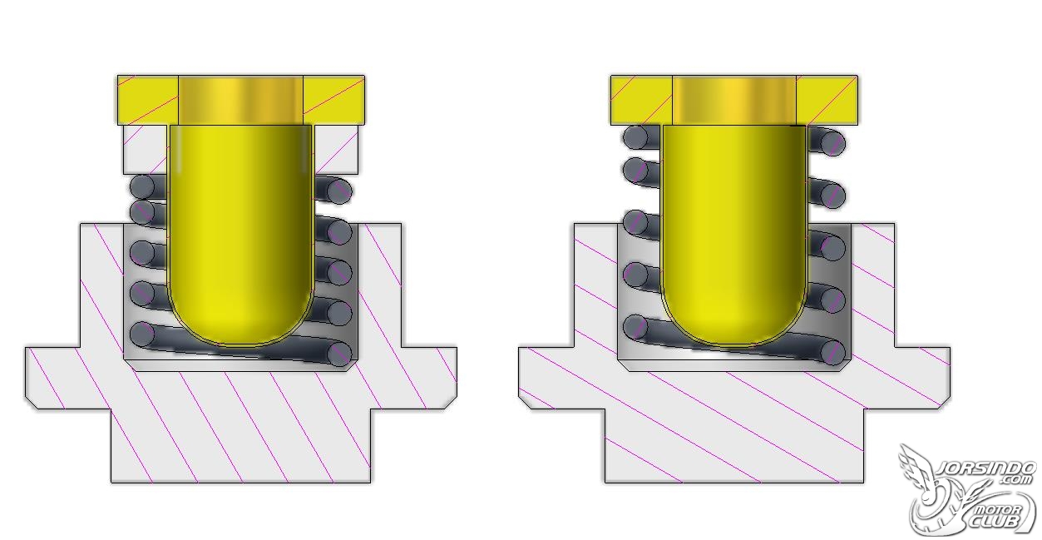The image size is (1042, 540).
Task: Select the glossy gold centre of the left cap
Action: pos(240,100)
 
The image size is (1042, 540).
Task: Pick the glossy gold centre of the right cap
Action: pos(734,100)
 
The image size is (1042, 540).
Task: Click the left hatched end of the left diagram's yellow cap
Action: pos(147,100)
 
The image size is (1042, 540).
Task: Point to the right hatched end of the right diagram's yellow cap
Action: pos(827,100)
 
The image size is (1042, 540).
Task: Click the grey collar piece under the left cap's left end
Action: pos(146,150)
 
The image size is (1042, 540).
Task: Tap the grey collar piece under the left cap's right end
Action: pos(336,150)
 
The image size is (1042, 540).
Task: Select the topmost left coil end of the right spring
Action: pos(635,137)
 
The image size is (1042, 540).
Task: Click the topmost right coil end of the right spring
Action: pos(832,143)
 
